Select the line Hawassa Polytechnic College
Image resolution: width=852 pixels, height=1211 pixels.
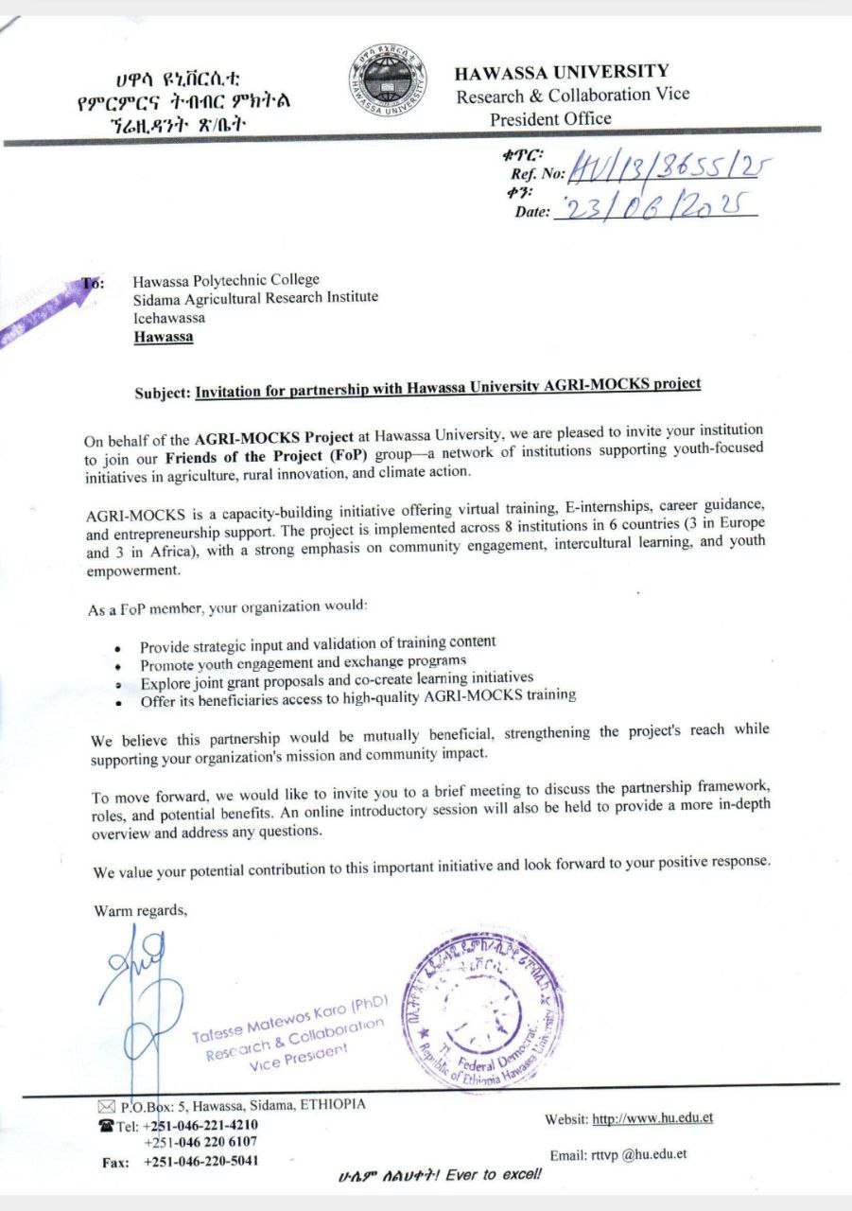click(226, 280)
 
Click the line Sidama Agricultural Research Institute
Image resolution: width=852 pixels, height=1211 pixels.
click(255, 298)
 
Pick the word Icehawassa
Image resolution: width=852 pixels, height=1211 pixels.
click(169, 318)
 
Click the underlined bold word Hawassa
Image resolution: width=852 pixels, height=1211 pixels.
click(163, 337)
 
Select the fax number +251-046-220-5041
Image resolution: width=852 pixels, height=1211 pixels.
click(201, 1161)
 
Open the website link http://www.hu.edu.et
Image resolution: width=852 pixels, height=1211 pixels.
click(652, 1119)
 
